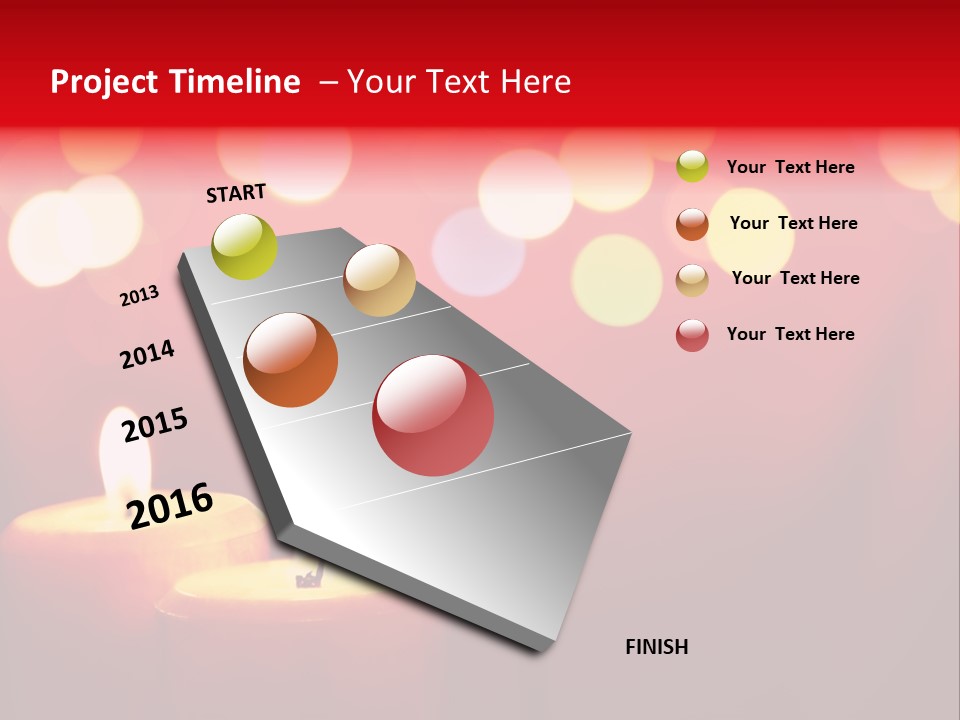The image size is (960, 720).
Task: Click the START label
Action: pos(236,193)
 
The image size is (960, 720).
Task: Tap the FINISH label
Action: pos(657,647)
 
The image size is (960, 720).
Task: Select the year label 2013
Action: pos(139,296)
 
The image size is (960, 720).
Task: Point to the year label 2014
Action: pos(147,354)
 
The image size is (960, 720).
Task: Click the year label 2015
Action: pos(155,425)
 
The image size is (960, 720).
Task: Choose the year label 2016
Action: pos(171,506)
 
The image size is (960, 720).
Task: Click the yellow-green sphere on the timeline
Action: pos(245,247)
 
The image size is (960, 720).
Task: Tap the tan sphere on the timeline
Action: pos(379,280)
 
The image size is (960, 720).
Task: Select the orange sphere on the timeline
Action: pos(291,360)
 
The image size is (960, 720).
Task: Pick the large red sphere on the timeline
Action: pos(433,415)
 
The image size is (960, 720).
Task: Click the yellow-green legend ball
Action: pos(692,166)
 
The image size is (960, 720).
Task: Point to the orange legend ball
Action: pos(692,224)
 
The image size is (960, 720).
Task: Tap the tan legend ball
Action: pos(692,280)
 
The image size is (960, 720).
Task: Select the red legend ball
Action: pos(692,335)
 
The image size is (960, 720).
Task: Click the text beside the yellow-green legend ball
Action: pos(790,167)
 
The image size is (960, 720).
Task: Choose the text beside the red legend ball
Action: pos(790,334)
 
